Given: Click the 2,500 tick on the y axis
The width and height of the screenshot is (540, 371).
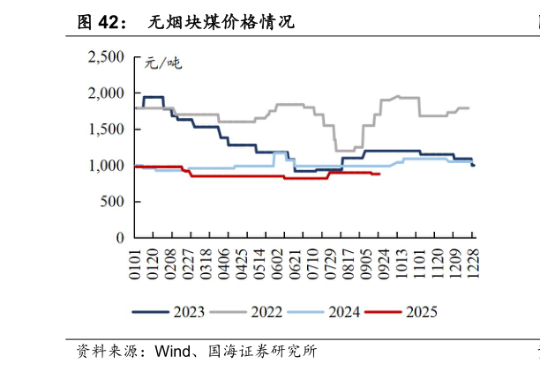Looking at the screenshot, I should click(x=107, y=57).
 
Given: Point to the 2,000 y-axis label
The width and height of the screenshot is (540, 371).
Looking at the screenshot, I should click(x=107, y=93).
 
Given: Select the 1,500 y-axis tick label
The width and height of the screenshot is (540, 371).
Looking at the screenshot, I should click(x=107, y=130).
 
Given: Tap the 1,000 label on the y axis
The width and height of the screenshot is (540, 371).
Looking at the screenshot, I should click(x=107, y=166).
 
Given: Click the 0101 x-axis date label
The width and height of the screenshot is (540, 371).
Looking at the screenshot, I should click(x=136, y=265).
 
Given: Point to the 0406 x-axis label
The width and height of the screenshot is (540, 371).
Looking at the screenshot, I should click(x=228, y=265).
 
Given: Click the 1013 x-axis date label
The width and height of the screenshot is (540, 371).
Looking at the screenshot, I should click(x=403, y=265).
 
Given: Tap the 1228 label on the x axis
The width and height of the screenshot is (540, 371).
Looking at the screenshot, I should click(x=474, y=265).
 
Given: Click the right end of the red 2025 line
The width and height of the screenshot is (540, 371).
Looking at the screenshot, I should click(x=379, y=174).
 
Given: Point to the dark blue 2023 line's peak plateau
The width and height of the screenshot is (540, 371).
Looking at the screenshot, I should click(x=154, y=97).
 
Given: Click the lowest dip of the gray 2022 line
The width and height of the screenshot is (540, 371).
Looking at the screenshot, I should click(x=343, y=150).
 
